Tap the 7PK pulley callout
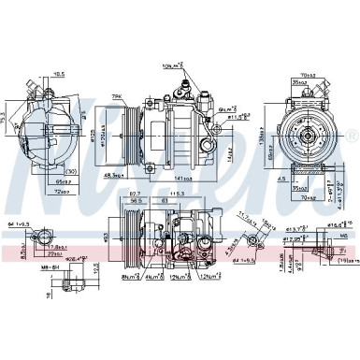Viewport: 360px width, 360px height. tap(118, 96)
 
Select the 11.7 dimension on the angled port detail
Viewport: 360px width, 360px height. tap(246, 216)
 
